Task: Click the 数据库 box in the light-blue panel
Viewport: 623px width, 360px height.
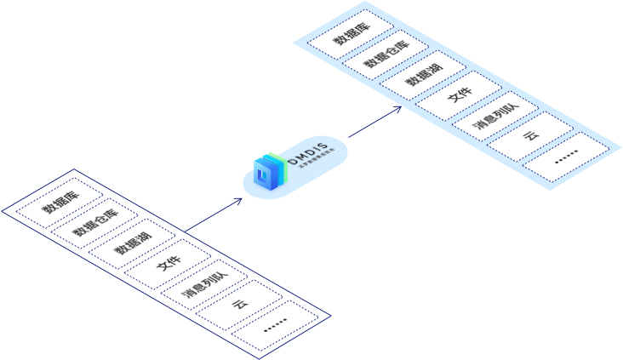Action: click(345, 41)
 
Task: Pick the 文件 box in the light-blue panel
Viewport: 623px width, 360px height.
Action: click(457, 101)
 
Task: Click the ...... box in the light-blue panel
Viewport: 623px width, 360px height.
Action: click(566, 159)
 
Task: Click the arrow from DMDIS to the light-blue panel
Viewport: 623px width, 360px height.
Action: click(374, 123)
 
